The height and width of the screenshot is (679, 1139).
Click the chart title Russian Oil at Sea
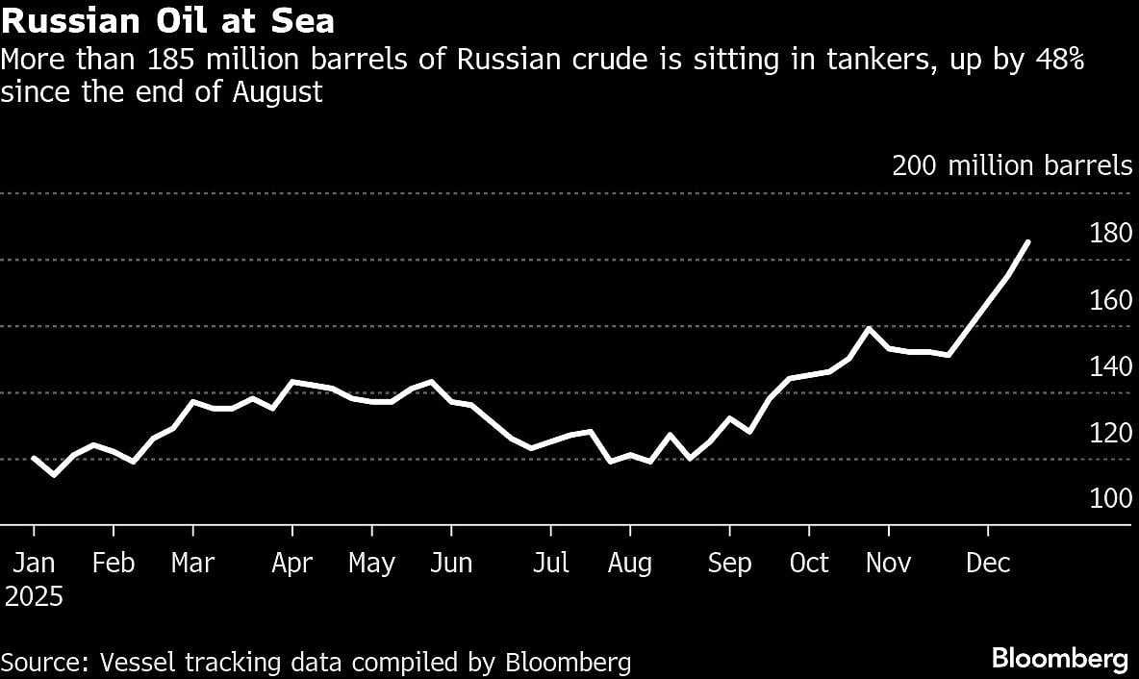point(168,20)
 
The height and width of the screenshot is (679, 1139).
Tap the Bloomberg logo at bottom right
point(1060,660)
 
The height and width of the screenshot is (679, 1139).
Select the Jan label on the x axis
point(34,563)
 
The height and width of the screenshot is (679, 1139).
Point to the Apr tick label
point(292,563)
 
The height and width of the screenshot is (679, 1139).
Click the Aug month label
point(630,563)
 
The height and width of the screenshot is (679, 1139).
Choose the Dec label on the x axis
point(988,563)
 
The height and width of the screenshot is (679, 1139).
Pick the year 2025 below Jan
point(34,597)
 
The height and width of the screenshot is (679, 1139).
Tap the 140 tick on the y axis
point(1111,366)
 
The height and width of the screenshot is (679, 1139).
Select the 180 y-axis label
point(1111,234)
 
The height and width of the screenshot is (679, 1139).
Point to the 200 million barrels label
point(1012,166)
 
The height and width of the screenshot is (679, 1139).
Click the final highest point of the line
point(1028,241)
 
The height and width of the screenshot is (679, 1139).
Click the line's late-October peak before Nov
point(869,329)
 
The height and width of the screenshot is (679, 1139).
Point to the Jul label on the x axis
point(550,563)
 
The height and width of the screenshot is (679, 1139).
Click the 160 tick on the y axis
point(1111,300)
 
